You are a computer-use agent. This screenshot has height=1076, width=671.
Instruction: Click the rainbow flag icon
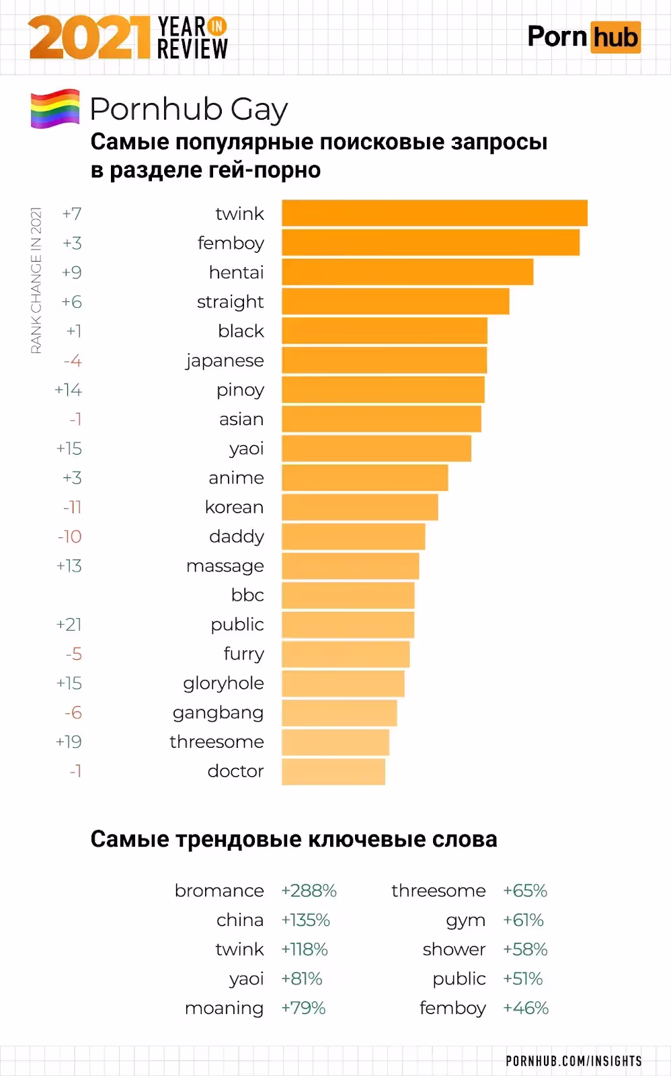[55, 108]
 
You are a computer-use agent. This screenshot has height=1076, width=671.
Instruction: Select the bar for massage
[350, 566]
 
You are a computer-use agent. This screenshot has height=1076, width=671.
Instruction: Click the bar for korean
[360, 507]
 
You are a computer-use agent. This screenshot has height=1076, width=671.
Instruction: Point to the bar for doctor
[333, 771]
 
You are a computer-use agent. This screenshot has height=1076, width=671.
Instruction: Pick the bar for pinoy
[383, 390]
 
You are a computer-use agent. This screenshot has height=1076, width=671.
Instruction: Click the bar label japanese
[225, 361]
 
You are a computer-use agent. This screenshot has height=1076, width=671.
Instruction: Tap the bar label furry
[243, 654]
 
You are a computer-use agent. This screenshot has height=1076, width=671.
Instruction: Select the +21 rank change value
[69, 625]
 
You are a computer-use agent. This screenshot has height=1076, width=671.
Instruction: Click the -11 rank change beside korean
[72, 507]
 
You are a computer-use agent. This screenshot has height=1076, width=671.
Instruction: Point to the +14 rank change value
[68, 390]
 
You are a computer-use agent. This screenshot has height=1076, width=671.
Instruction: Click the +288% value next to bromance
[309, 890]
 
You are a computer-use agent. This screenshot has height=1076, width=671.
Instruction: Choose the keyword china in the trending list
[239, 920]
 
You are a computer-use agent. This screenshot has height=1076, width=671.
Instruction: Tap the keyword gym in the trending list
[465, 921]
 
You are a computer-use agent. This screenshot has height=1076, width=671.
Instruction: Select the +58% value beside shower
[525, 950]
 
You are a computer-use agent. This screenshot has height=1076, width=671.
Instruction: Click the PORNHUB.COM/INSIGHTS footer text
[574, 1061]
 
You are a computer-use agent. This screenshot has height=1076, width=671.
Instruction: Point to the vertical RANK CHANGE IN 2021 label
[36, 280]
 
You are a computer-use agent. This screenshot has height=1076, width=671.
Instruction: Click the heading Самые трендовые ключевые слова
[294, 839]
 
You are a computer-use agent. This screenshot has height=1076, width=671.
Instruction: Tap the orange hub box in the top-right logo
[615, 38]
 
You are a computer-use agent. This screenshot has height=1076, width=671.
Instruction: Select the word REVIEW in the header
[192, 48]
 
